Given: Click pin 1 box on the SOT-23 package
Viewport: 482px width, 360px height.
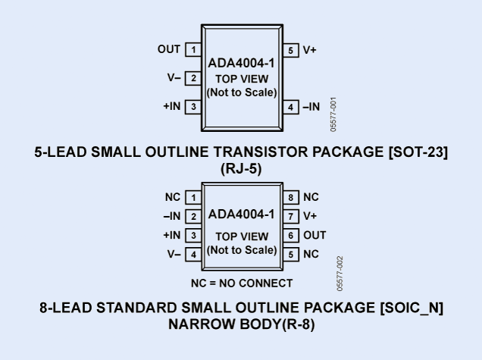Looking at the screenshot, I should point(193,50).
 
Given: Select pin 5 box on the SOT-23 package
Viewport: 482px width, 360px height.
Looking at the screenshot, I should point(290,50).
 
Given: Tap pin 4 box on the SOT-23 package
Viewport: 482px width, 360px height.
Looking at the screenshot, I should point(290,107).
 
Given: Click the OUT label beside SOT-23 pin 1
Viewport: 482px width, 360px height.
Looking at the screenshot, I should point(170,50).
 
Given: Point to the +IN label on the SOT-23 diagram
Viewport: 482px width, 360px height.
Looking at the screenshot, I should point(171,107).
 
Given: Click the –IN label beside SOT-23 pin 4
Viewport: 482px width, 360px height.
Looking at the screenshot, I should point(311,107).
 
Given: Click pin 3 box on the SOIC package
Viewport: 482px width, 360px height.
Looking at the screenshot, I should point(193,236).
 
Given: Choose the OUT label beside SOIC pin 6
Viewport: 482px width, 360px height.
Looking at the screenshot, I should point(314,236).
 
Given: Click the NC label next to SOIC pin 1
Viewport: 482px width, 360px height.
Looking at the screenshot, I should point(173,197).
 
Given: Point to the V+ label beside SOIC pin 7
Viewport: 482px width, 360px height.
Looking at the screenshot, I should point(311,216).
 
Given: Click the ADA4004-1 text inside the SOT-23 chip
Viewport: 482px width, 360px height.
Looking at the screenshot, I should point(241,64).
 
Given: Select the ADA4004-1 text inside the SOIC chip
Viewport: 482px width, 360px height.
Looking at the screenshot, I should point(241,216).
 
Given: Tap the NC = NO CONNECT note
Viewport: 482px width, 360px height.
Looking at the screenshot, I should point(241,283).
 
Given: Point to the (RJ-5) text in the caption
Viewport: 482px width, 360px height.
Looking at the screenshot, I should point(241,169).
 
